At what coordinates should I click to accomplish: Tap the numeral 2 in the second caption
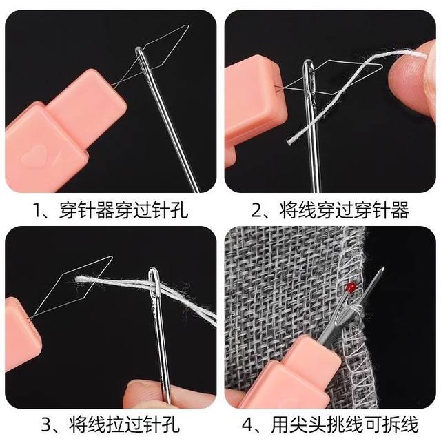pos(256,209)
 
